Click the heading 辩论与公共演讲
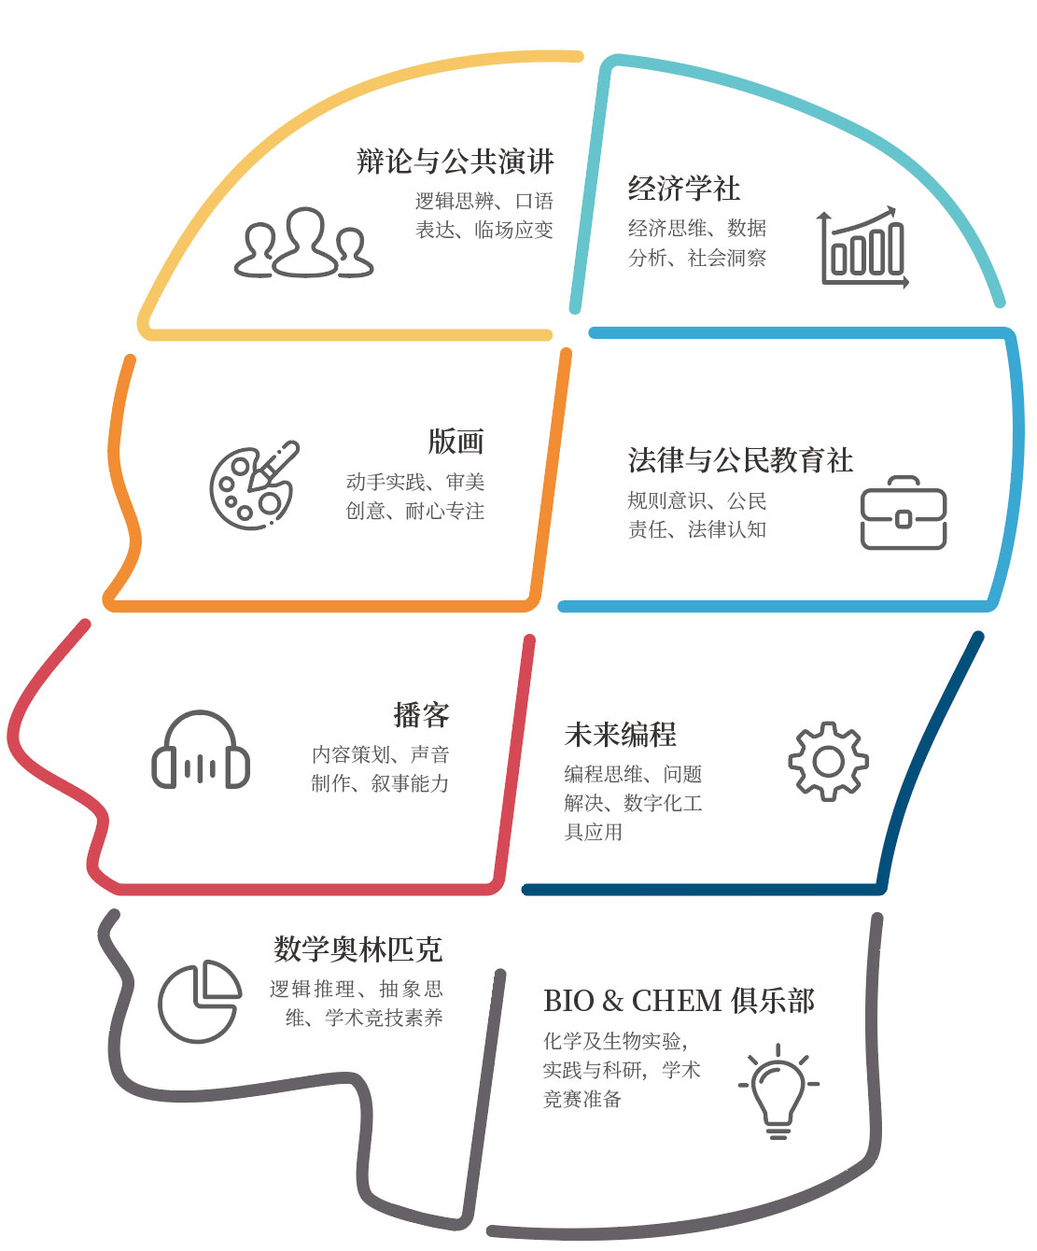[455, 162]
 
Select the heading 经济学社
[683, 189]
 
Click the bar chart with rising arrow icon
[863, 247]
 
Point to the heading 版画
[455, 442]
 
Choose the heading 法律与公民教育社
[740, 460]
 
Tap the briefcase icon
[903, 513]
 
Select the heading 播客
[421, 715]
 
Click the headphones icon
[201, 751]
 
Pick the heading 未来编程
[620, 735]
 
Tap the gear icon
[828, 761]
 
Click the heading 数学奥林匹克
[357, 949]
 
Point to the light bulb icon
[778, 1091]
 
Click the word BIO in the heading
[568, 1001]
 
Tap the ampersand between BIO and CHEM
[613, 1002]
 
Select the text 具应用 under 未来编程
[594, 832]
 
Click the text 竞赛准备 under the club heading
[582, 1099]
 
